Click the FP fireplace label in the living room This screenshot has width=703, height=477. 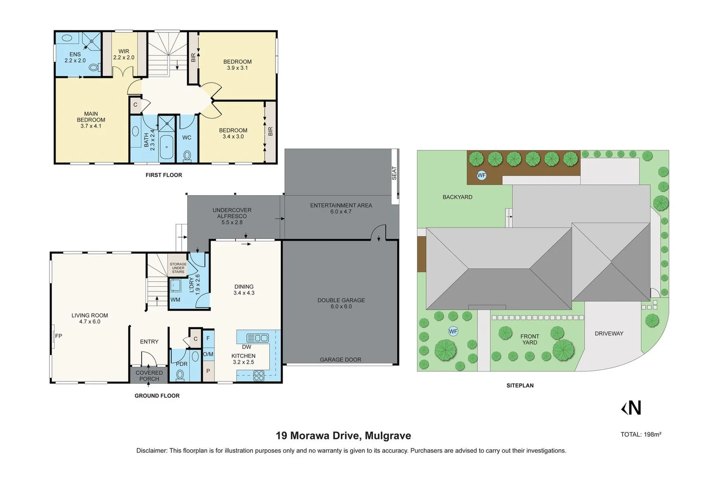pyautogui.click(x=59, y=336)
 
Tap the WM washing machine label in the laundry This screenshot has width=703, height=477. pyautogui.click(x=175, y=299)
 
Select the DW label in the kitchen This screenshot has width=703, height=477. pyautogui.click(x=246, y=347)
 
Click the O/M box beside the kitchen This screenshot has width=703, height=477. pyautogui.click(x=208, y=354)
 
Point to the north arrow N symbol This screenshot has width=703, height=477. pyautogui.click(x=632, y=408)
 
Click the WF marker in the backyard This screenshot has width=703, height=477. pyautogui.click(x=481, y=175)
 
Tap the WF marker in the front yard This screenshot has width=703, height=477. pyautogui.click(x=453, y=331)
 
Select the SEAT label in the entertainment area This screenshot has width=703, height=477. pyautogui.click(x=395, y=173)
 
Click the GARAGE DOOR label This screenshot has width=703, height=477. pyautogui.click(x=340, y=360)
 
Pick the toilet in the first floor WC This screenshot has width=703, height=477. pyautogui.click(x=187, y=155)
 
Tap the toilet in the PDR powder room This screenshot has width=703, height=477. pyautogui.click(x=180, y=375)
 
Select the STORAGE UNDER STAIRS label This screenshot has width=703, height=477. pyautogui.click(x=178, y=268)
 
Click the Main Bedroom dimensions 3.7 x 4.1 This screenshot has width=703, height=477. pyautogui.click(x=91, y=126)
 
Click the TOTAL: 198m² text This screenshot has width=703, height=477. pyautogui.click(x=641, y=435)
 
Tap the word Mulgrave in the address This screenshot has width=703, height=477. pyautogui.click(x=388, y=436)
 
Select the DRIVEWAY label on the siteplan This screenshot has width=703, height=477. pyautogui.click(x=609, y=333)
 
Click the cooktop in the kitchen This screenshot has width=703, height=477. pyautogui.click(x=259, y=376)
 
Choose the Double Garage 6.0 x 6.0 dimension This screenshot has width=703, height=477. pyautogui.click(x=341, y=306)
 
